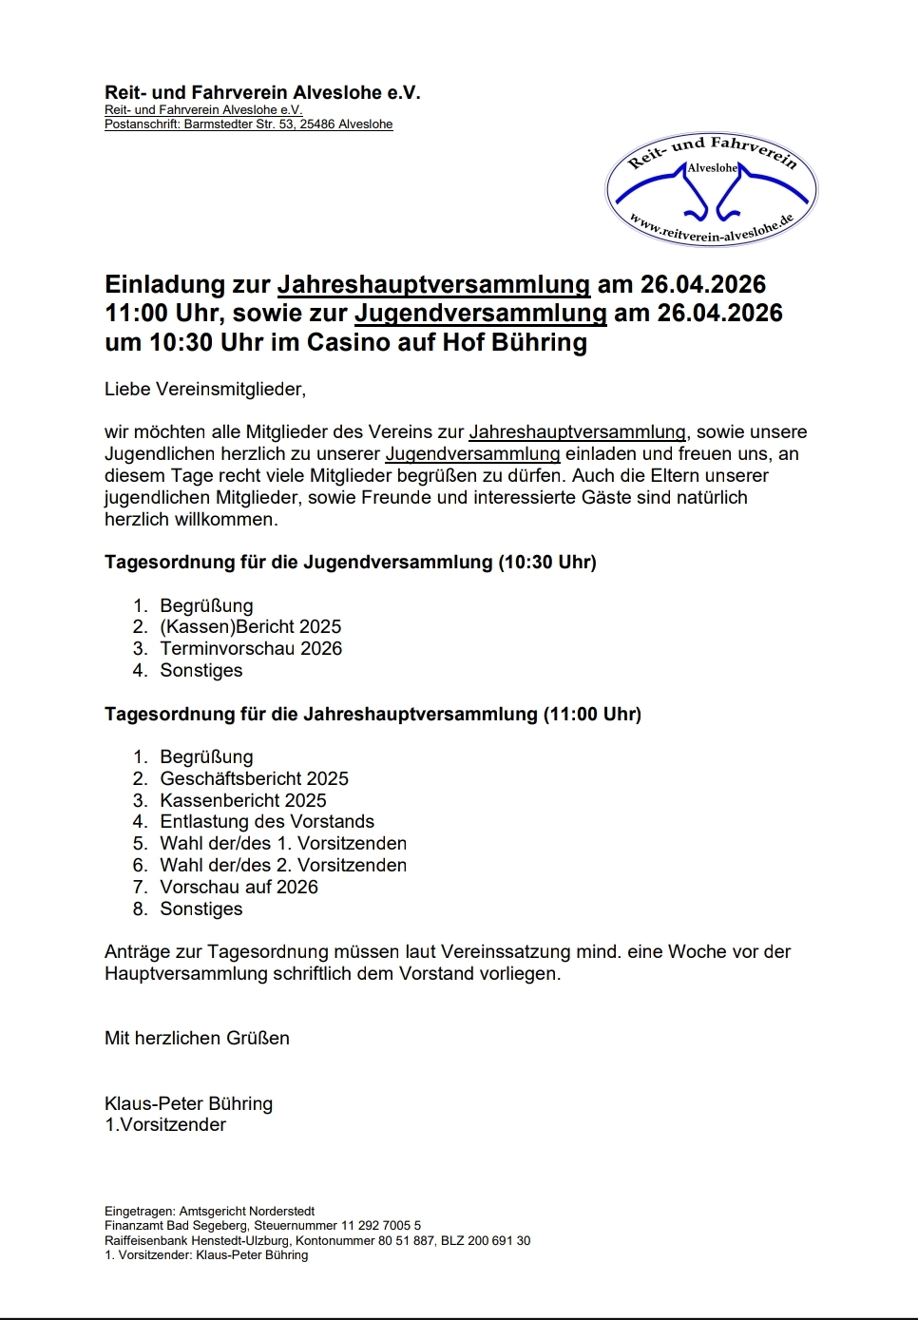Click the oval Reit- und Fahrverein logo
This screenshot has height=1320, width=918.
(711, 189)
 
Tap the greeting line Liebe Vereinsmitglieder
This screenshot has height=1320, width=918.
(205, 389)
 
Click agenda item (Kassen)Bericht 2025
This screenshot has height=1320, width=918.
(250, 626)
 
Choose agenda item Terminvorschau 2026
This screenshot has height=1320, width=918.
(251, 648)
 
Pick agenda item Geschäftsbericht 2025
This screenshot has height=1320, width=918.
(254, 778)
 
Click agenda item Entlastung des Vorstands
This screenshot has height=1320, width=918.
(267, 821)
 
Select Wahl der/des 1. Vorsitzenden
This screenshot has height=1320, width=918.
(283, 843)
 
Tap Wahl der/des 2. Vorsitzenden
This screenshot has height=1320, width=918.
(283, 865)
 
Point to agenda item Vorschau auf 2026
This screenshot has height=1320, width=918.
(239, 887)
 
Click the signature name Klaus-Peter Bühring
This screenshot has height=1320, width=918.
(188, 1103)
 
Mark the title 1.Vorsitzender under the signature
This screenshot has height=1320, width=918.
(165, 1124)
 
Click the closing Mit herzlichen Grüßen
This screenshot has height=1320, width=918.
(197, 1038)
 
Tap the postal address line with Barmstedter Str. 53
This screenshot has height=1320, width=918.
(248, 124)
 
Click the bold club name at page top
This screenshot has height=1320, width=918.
(262, 93)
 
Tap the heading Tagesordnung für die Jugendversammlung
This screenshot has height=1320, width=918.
(350, 562)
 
